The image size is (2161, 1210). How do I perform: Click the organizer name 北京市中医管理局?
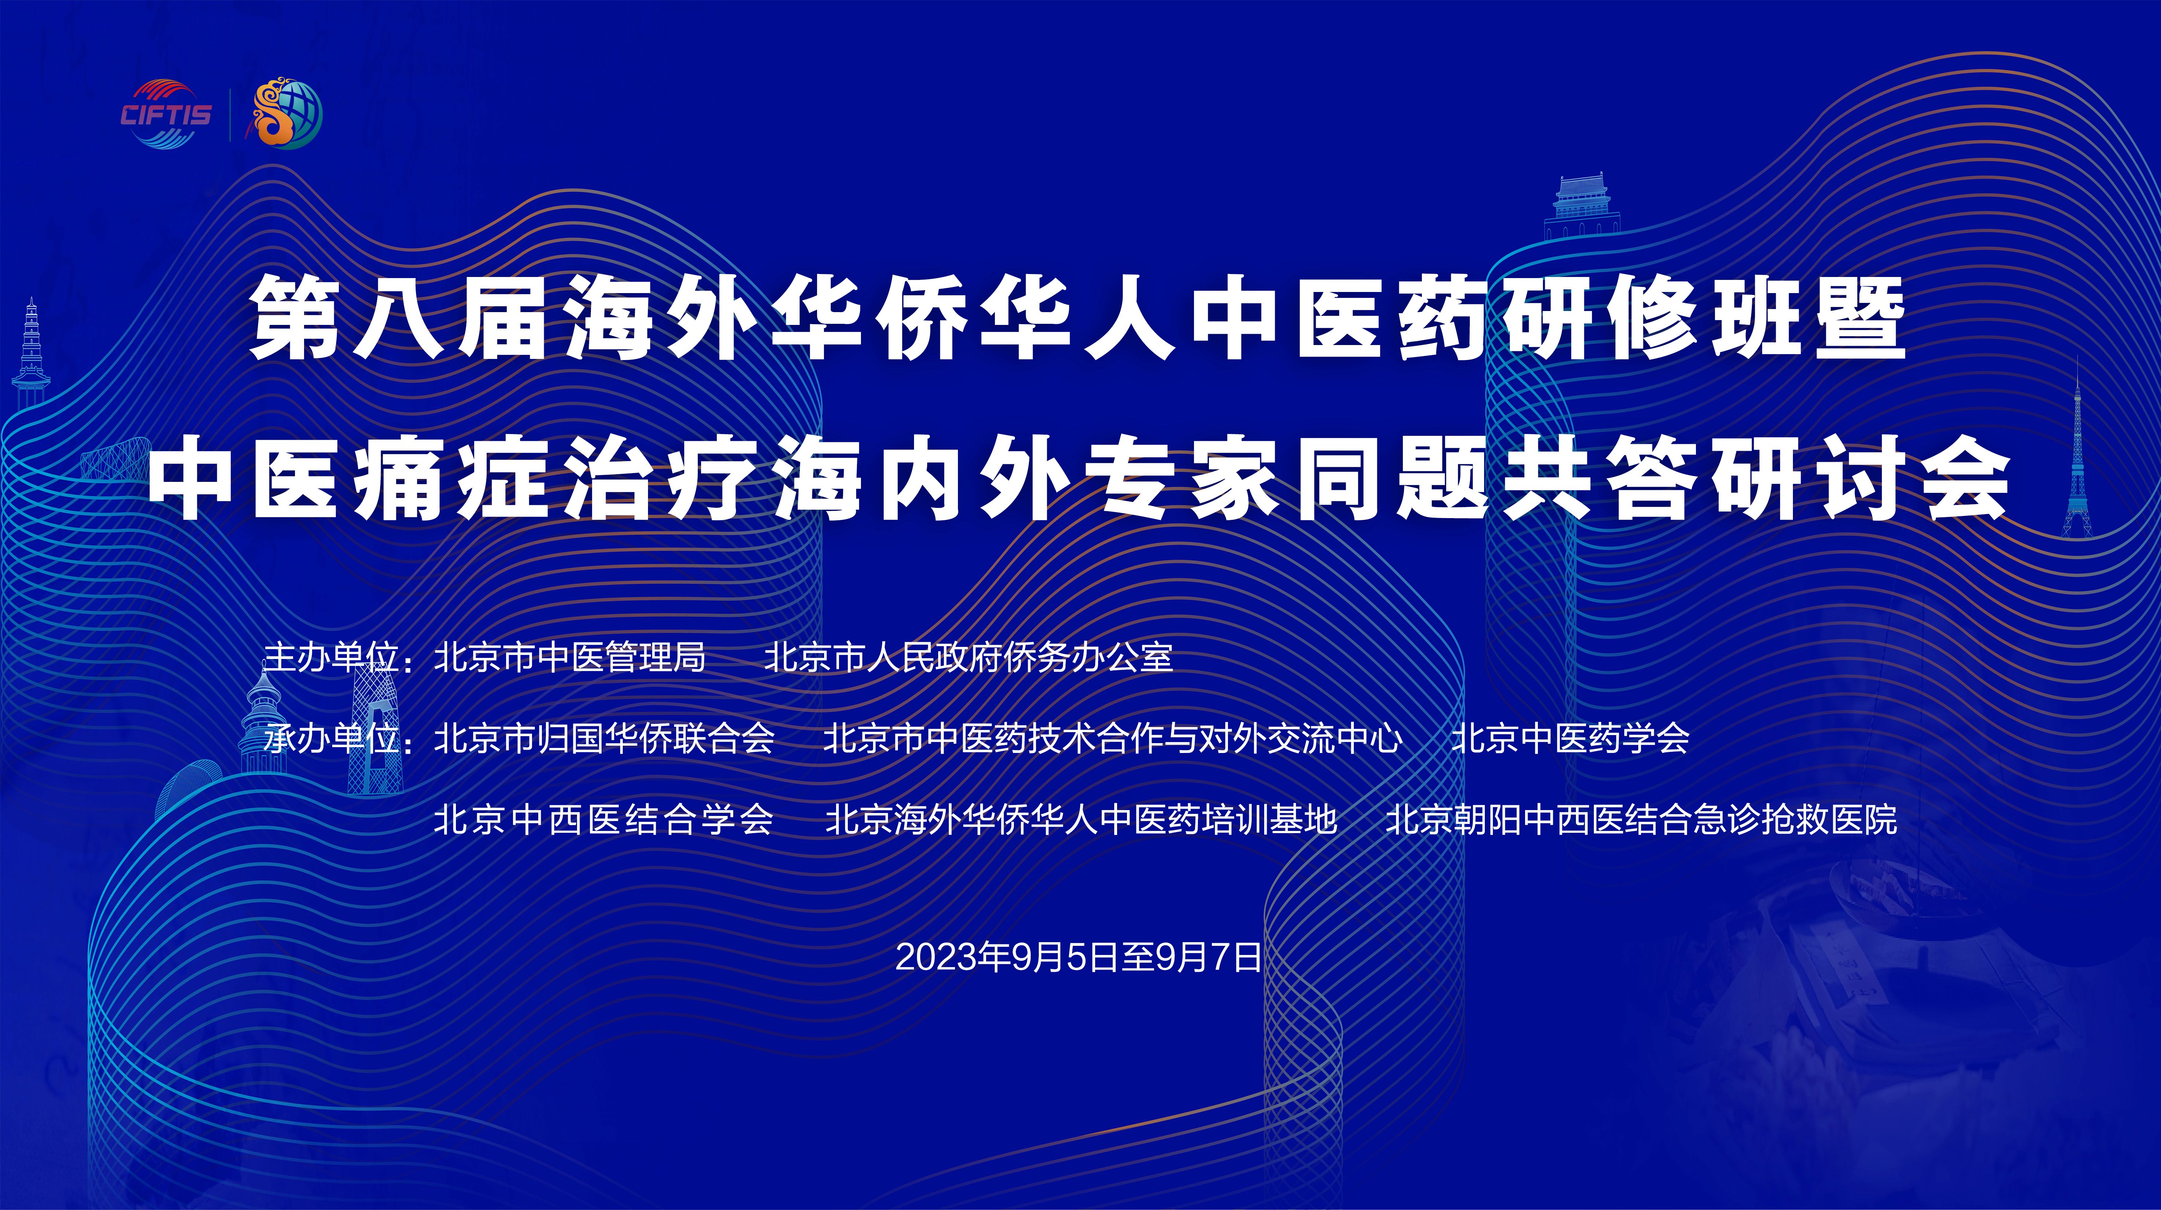coord(570,657)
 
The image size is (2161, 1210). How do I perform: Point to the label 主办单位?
coord(332,657)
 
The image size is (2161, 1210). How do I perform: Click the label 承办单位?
coord(332,738)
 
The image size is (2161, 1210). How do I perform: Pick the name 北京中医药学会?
coord(1570,738)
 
